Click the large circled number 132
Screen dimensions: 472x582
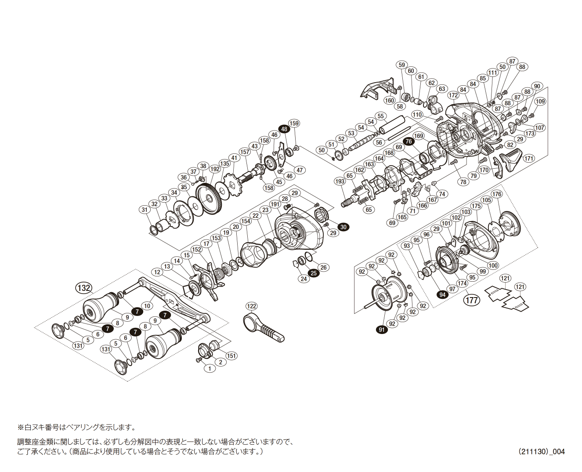tap(83, 288)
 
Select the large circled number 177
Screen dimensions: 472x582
tap(472, 300)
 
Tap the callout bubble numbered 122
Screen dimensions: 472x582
tap(251, 306)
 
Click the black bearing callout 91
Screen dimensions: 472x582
tap(381, 330)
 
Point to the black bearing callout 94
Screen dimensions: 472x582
tap(443, 294)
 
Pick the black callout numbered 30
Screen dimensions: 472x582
tap(343, 227)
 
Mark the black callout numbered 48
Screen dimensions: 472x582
tap(284, 129)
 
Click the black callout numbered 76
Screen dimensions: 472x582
tap(408, 141)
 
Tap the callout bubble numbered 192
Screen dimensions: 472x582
tap(215, 169)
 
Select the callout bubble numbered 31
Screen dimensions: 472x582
tap(145, 210)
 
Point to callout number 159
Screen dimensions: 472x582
tap(294, 123)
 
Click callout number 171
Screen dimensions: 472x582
tap(528, 158)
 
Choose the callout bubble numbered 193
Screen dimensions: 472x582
tap(340, 181)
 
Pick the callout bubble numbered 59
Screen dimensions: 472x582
tap(401, 65)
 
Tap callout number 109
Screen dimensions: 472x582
tap(540, 102)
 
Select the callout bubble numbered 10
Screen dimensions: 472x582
tap(148, 306)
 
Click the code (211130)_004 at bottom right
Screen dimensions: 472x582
tap(541, 452)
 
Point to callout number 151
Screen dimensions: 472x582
tap(231, 356)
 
